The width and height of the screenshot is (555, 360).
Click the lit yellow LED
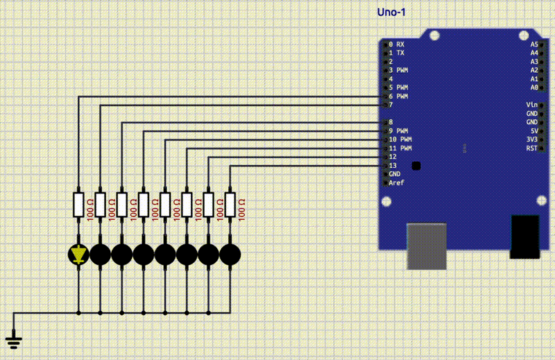pos(78,255)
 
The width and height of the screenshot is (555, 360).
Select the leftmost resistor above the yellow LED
pos(78,205)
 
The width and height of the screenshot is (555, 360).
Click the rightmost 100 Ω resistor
pos(230,205)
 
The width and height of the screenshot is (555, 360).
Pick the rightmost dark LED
pos(230,255)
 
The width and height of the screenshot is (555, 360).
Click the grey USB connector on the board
pos(427,246)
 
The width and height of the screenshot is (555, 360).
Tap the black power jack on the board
pos(524,237)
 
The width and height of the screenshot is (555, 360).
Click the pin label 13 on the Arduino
pos(393,165)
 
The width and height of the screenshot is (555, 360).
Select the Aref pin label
pos(396,182)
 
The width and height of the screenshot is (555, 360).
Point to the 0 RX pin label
pos(396,44)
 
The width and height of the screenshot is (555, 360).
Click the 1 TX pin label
pos(396,53)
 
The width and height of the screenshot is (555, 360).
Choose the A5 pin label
pos(533,44)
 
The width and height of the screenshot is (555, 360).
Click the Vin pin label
pos(532,105)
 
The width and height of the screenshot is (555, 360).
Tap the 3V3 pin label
pos(532,139)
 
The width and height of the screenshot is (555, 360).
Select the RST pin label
pos(532,148)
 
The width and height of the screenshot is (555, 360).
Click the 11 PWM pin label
pos(400,148)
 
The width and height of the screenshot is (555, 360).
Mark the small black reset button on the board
pos(416,165)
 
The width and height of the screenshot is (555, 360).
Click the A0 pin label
pos(533,87)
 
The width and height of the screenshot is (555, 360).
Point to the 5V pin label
pos(533,130)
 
